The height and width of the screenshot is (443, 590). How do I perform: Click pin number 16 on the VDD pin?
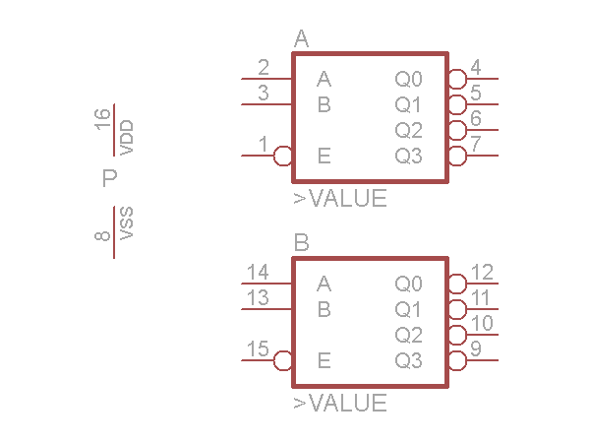[x=102, y=120]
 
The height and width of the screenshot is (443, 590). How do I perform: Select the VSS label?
[x=126, y=223]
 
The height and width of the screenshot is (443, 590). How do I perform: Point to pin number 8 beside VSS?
[x=102, y=235]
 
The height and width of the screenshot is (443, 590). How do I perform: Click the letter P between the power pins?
[x=109, y=178]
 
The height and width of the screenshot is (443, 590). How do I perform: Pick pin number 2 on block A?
[x=264, y=68]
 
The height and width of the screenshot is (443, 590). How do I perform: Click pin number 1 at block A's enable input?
[x=264, y=145]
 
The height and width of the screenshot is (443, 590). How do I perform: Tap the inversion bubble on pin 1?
[x=283, y=156]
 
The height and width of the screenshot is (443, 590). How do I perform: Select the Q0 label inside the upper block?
[x=409, y=80]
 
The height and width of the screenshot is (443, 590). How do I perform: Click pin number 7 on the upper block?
[x=476, y=145]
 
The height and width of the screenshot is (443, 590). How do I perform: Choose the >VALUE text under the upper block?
[x=340, y=199]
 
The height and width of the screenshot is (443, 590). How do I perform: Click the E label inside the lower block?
[x=324, y=360]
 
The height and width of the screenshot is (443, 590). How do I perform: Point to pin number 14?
[x=258, y=273]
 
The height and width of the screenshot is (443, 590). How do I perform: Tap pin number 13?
[x=258, y=298]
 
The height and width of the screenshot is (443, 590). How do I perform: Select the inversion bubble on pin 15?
[x=283, y=360]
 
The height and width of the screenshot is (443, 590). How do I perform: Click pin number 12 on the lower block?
[x=482, y=273]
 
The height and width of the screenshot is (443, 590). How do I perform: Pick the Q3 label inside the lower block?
[x=409, y=360]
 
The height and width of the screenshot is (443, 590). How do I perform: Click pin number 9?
[x=476, y=349]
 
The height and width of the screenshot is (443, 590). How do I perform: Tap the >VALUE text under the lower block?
[x=340, y=404]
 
